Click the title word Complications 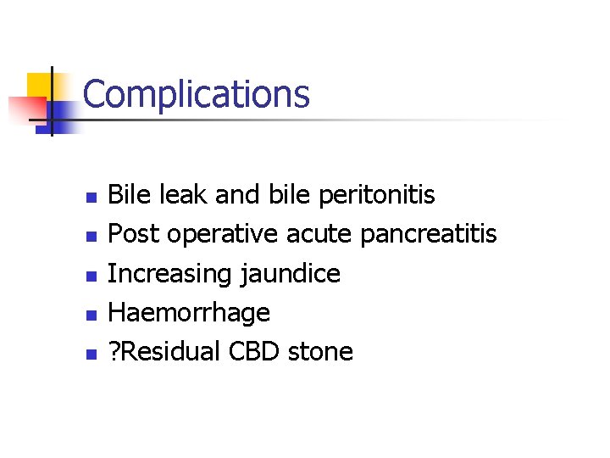click(x=197, y=95)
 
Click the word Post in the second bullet click(x=136, y=235)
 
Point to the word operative click(x=223, y=235)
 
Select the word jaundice click(x=291, y=274)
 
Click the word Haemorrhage click(x=190, y=312)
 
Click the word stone click(x=320, y=351)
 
